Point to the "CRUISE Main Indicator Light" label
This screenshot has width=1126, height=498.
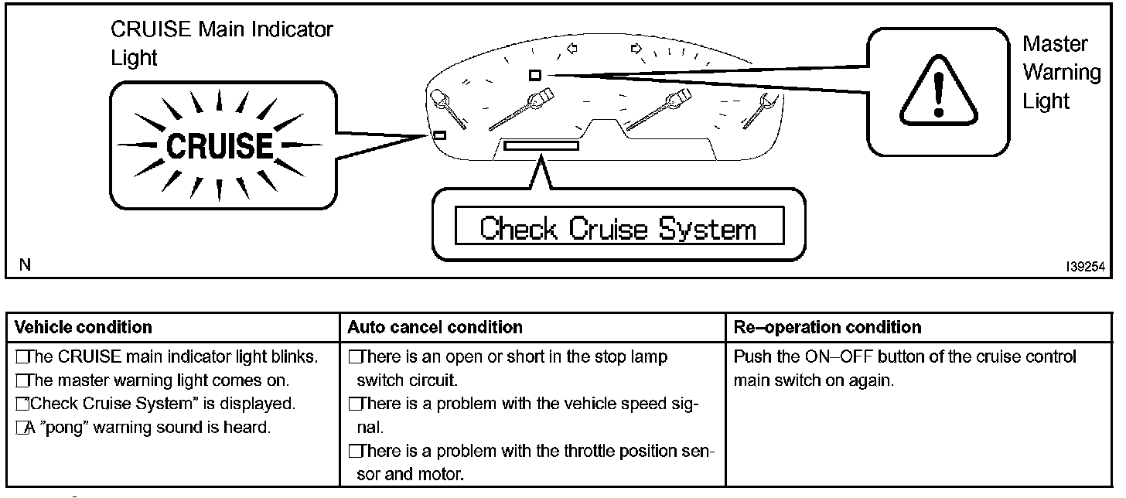point(222,43)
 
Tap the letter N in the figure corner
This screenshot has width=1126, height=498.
point(26,266)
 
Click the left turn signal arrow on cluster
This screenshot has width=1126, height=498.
point(572,49)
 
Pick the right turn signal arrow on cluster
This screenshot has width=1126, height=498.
point(636,49)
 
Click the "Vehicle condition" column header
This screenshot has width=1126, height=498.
point(84,327)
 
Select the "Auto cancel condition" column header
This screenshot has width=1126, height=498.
point(435,327)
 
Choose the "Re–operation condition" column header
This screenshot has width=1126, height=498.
point(827,327)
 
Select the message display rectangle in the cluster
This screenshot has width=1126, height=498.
point(541,145)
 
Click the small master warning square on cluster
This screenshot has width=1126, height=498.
point(534,75)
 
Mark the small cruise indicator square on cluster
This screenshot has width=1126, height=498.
point(439,135)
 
